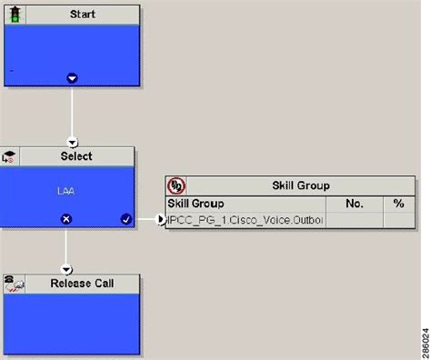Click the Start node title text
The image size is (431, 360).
tap(84, 15)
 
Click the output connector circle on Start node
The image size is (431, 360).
tap(73, 78)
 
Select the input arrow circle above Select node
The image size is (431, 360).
tap(73, 142)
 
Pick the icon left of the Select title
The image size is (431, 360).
tap(11, 157)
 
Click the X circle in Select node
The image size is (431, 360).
tap(65, 219)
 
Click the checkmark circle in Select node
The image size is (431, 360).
tap(125, 219)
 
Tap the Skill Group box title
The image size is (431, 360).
tap(301, 185)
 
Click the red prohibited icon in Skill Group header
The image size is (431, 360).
tap(176, 185)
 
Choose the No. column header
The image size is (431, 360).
tap(355, 204)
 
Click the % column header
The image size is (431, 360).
tap(398, 204)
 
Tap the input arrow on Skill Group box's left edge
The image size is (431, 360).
tap(161, 219)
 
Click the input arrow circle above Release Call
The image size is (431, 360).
tap(65, 269)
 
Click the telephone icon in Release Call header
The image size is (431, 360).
tap(14, 284)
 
